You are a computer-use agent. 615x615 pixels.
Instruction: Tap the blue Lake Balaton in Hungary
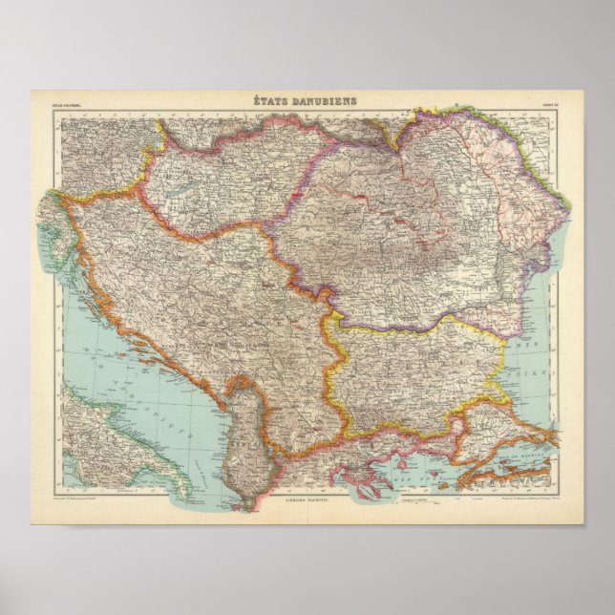[178, 201]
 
